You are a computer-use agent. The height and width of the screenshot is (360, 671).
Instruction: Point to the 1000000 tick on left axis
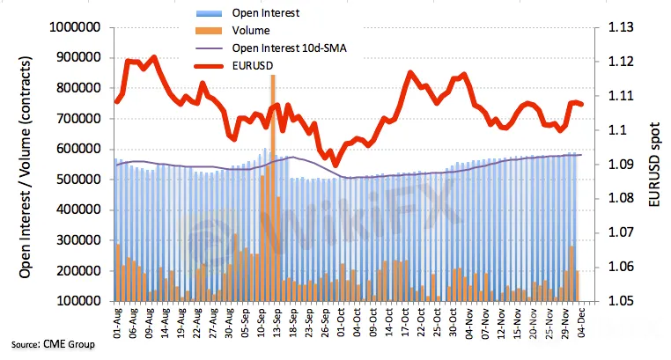(x=70, y=27)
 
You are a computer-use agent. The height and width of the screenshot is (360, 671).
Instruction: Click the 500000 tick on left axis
(x=74, y=180)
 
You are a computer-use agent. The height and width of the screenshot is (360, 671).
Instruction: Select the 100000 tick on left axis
(x=74, y=301)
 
